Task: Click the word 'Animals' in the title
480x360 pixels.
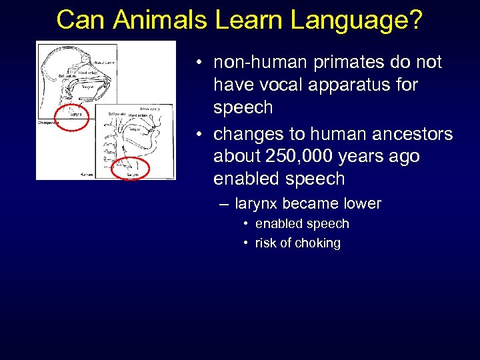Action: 161,20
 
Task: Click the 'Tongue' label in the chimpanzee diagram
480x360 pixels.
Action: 86,85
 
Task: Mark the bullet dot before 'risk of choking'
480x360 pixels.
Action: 246,243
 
